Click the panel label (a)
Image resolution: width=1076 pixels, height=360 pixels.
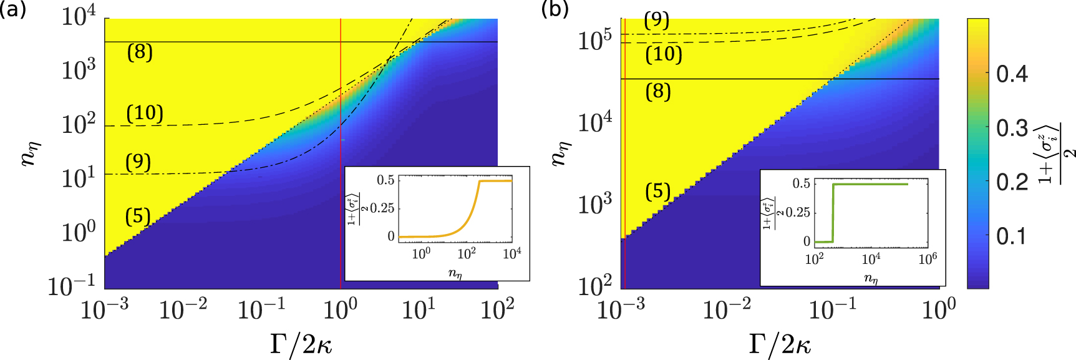coord(12,11)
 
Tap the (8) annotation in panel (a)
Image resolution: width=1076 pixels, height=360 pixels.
coord(140,52)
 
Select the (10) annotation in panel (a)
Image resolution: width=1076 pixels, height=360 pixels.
coord(145,113)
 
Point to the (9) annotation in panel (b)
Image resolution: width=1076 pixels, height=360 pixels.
coord(656,21)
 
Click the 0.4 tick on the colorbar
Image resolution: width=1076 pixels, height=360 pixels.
coord(1012,74)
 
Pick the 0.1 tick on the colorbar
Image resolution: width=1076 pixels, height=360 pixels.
coord(1011,236)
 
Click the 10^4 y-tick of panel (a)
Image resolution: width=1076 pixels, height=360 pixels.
coord(79,17)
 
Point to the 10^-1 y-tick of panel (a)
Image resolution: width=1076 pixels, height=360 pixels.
coord(72,286)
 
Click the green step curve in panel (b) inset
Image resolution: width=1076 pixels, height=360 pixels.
coord(873,184)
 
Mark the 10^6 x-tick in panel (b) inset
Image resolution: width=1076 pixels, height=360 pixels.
coord(927,258)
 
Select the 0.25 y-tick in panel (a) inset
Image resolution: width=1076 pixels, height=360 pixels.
coord(382,208)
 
